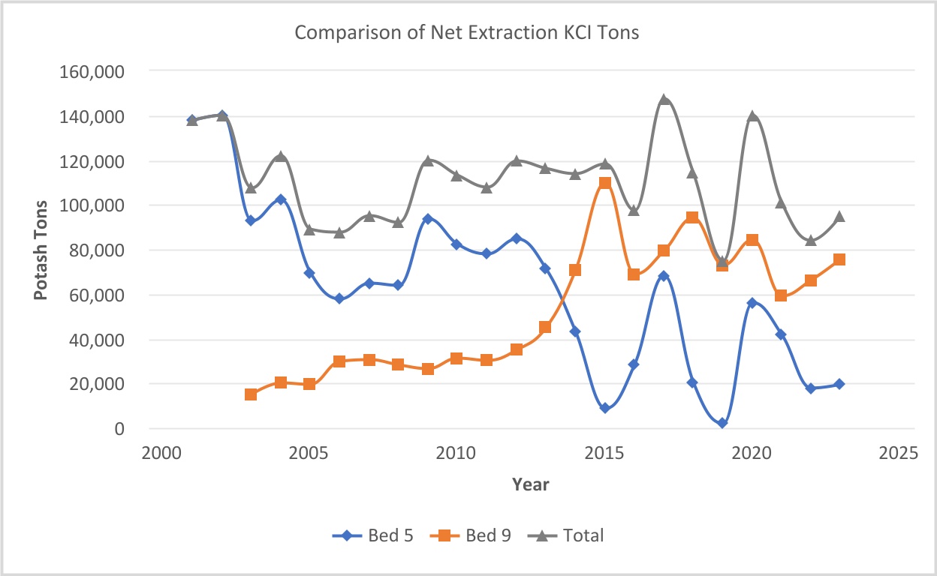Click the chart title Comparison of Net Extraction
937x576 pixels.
[x=466, y=33]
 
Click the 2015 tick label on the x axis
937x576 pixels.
[x=604, y=454]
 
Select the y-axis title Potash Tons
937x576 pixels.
[x=41, y=250]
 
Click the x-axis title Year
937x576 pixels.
[x=530, y=484]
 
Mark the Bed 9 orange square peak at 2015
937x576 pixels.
[x=604, y=184]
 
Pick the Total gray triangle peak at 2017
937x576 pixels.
[x=664, y=100]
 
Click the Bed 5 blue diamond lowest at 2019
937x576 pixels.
[x=722, y=423]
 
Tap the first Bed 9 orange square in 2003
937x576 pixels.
[x=251, y=394]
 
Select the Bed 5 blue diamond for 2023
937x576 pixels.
[x=839, y=384]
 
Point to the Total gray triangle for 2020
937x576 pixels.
[x=752, y=116]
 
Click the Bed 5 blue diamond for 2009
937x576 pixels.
[x=427, y=219]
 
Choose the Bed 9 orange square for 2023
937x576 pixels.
[x=839, y=259]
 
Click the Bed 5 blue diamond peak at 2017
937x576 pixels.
[x=664, y=276]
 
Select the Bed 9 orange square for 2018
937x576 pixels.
[x=692, y=217]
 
